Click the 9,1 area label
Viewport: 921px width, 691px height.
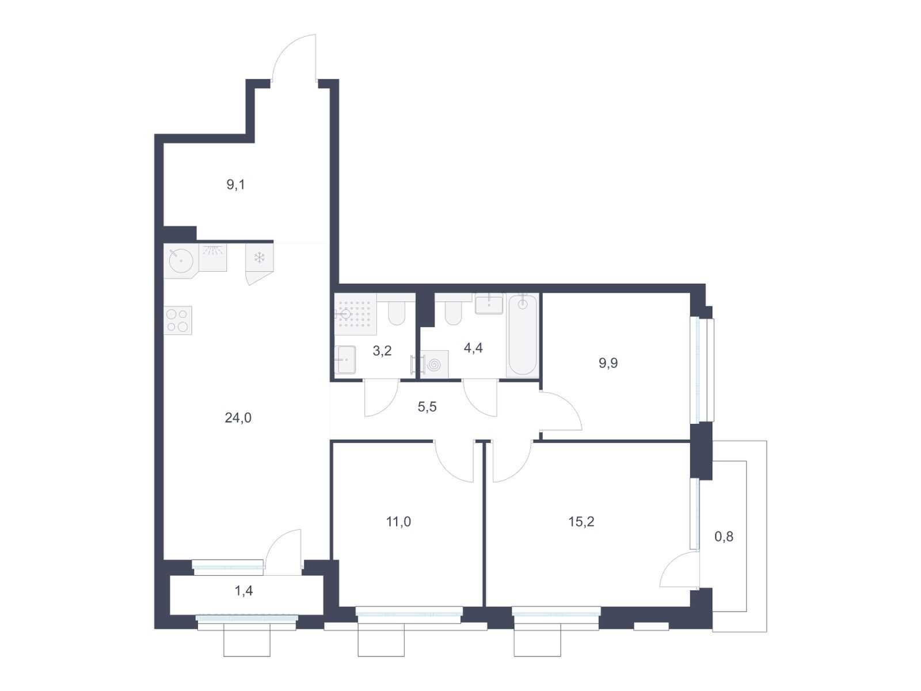point(235,185)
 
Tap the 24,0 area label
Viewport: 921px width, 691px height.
point(238,417)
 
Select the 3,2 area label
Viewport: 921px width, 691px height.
point(382,350)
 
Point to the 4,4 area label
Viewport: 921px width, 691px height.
point(473,348)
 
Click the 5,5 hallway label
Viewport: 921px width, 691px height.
point(427,407)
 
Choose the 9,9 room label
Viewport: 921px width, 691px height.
point(608,363)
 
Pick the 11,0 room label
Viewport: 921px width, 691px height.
point(398,522)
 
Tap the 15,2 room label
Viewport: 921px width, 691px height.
point(581,522)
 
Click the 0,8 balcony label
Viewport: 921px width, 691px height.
point(724,536)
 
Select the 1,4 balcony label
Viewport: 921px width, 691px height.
point(243,591)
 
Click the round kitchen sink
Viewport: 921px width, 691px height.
point(181,260)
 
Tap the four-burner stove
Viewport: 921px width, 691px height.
point(177,320)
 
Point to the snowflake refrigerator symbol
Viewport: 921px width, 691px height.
point(260,257)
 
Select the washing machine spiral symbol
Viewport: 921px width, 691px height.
point(434,365)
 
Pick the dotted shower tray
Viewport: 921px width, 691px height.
point(355,314)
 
